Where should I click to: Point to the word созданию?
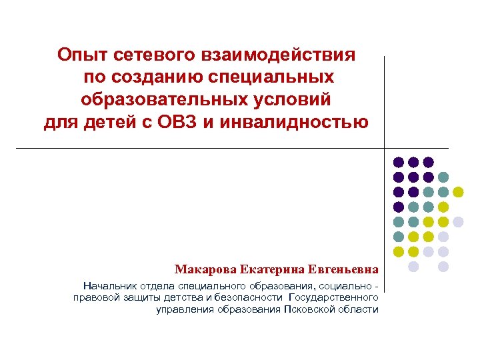(157, 77)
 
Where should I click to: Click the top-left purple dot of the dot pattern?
(398, 162)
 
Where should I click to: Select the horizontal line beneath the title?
(200, 147)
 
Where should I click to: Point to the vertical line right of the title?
(385, 100)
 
